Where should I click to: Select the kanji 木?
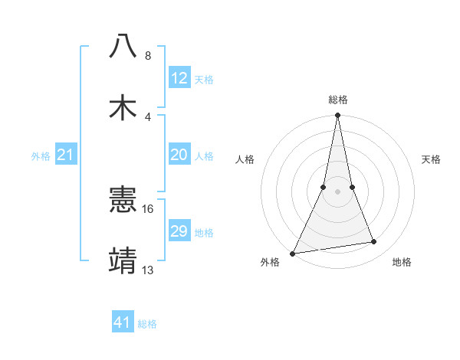(x=123, y=107)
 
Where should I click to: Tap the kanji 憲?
(x=123, y=200)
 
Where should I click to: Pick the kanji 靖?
(x=123, y=260)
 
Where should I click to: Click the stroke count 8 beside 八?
(x=147, y=56)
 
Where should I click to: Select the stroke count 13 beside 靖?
(x=148, y=270)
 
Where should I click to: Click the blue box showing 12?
(x=179, y=78)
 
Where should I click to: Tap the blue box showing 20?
(x=179, y=155)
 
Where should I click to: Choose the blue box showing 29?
(x=179, y=231)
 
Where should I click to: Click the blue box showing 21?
(x=66, y=155)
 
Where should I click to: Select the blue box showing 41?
(x=123, y=322)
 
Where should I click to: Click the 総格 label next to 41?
(x=147, y=324)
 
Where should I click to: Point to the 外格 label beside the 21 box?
(x=41, y=156)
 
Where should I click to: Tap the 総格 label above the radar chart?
(x=338, y=100)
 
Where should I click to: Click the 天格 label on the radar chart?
(x=432, y=159)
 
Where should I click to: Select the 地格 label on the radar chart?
(x=402, y=262)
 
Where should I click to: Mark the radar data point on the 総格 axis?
(x=337, y=116)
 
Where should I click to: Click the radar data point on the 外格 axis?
(x=292, y=254)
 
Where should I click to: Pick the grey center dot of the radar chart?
(x=337, y=191)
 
